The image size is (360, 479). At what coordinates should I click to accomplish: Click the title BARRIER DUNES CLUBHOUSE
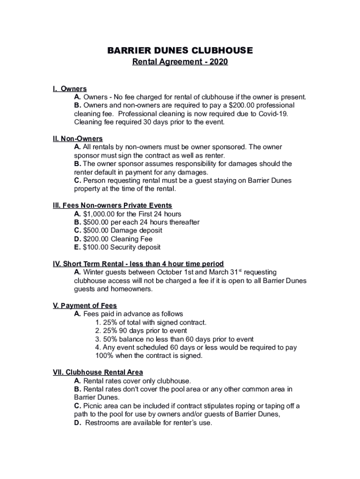coord(180,50)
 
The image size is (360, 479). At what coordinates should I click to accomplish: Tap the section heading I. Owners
coord(70,89)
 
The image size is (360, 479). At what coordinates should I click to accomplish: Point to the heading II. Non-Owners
coord(78,139)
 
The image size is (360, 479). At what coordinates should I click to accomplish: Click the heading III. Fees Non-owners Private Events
coord(112,205)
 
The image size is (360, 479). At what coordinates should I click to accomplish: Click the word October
coord(172,272)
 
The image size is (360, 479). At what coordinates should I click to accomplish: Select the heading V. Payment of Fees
coord(85,306)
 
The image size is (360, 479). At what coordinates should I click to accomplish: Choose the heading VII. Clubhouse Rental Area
coord(98,373)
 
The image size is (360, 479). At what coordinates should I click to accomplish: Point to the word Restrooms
coord(102,423)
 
